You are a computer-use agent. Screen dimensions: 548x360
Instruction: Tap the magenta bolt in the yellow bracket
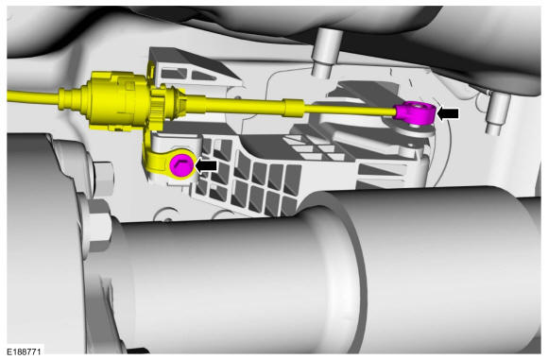tap(181, 165)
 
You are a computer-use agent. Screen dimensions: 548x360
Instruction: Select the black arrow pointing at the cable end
tap(448, 113)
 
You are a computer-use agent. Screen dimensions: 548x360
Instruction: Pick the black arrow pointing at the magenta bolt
tap(206, 165)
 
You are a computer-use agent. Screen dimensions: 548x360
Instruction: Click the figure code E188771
tap(24, 351)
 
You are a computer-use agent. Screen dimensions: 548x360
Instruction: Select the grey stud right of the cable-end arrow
tap(498, 112)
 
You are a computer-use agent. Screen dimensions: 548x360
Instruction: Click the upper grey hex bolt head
tap(103, 179)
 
